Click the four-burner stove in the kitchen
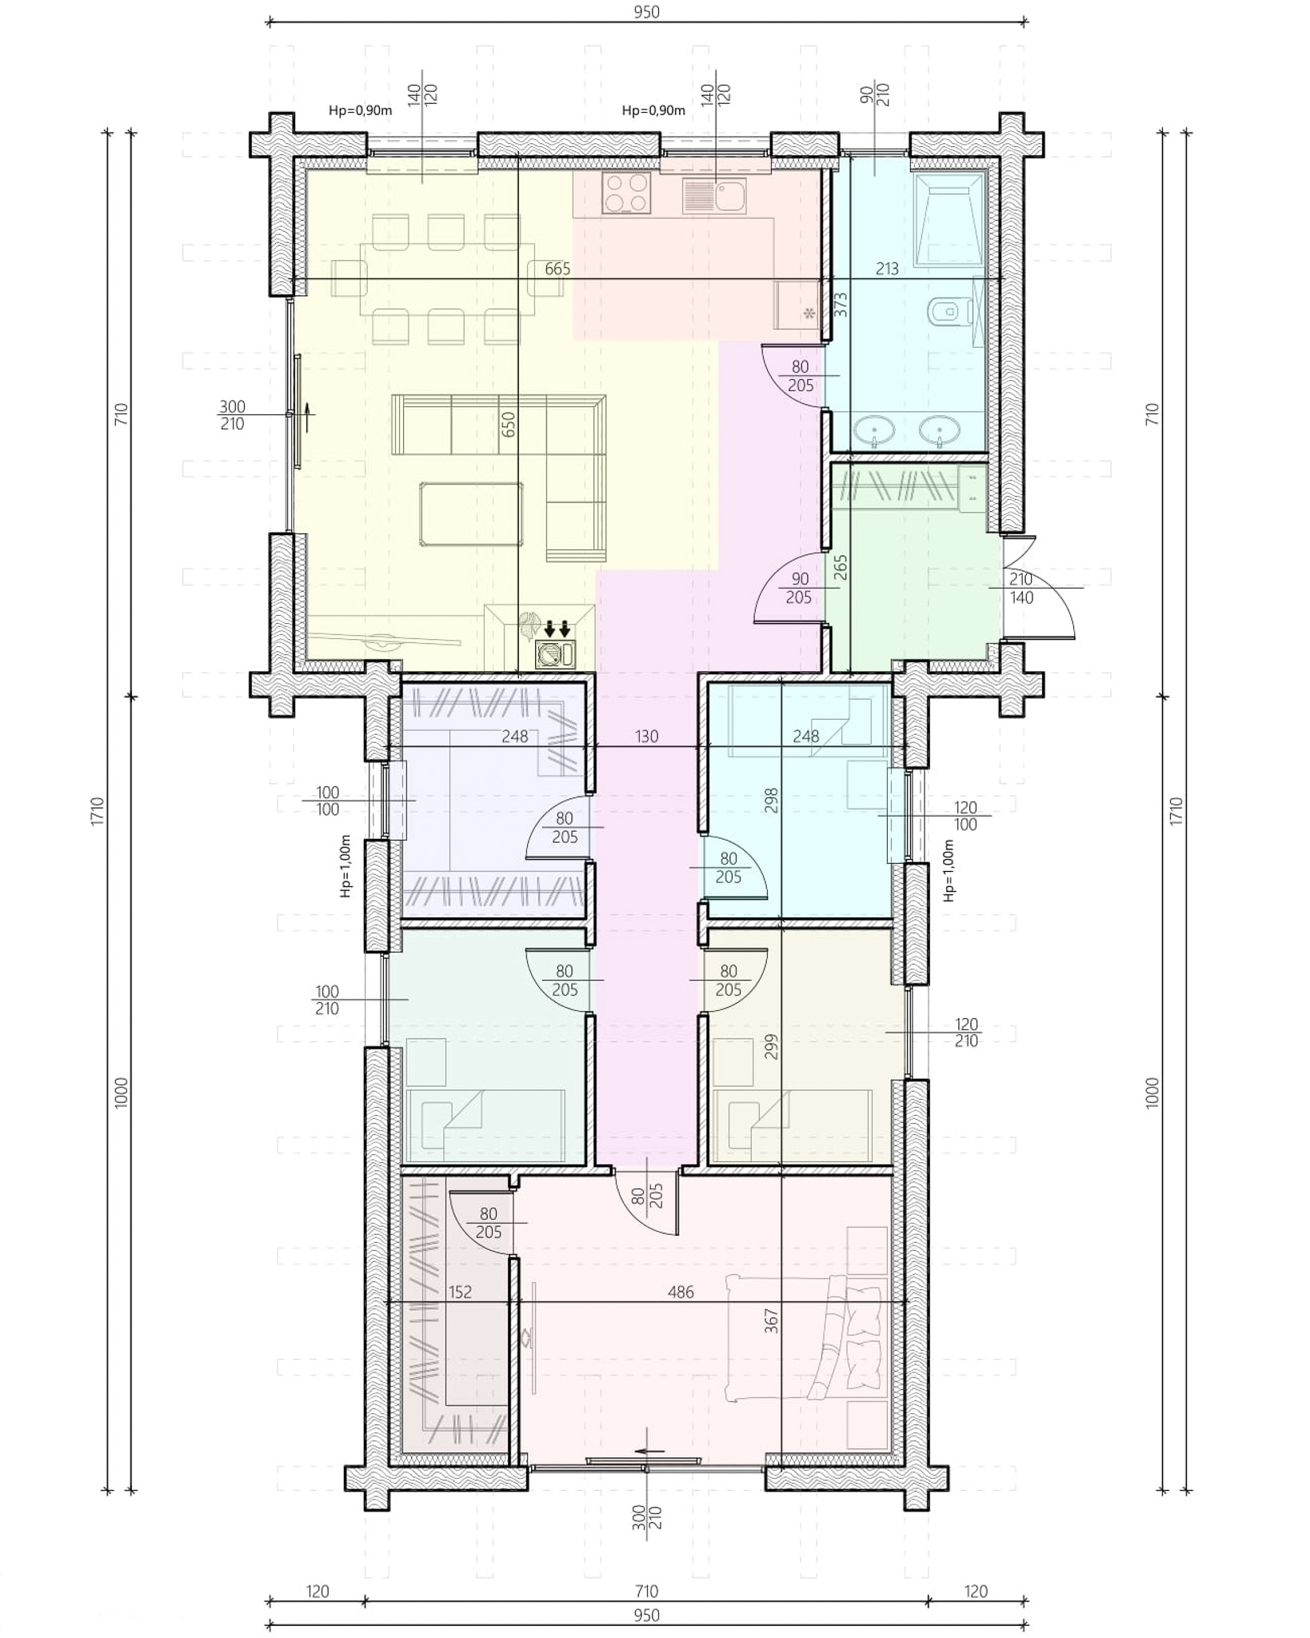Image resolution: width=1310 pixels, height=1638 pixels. tap(625, 194)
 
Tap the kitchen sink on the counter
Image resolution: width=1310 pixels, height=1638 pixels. tap(714, 195)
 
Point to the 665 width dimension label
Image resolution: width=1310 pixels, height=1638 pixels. tap(557, 269)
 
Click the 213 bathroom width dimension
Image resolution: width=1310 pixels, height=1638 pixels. tap(887, 269)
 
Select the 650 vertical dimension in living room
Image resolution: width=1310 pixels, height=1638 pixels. tap(509, 424)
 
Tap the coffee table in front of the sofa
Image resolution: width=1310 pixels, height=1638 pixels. tap(471, 513)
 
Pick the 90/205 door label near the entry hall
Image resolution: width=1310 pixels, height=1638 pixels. tap(799, 588)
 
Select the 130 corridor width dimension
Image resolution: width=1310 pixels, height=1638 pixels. tap(647, 737)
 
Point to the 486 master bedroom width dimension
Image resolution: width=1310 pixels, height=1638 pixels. tap(681, 1292)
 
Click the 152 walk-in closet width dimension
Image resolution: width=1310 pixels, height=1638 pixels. tap(460, 1292)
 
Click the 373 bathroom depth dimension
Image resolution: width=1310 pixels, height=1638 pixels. tap(841, 305)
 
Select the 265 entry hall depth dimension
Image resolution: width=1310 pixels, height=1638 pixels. tap(841, 568)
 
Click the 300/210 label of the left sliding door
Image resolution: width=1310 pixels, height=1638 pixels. tap(233, 415)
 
